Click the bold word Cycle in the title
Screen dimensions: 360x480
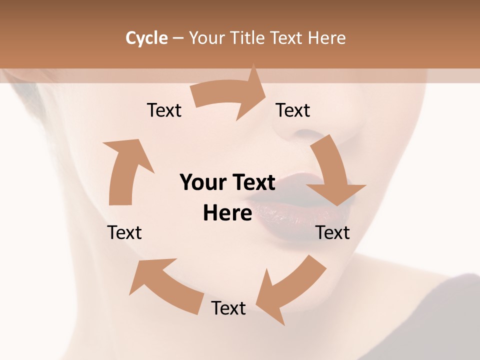(x=146, y=38)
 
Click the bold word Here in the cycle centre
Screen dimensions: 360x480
(x=227, y=213)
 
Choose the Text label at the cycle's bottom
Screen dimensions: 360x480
(x=228, y=308)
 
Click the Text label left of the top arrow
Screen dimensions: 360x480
(x=164, y=110)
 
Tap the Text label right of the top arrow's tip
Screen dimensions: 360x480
(x=293, y=110)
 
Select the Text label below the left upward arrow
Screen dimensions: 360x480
(x=124, y=232)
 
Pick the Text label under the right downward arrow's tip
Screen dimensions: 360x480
(x=333, y=232)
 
